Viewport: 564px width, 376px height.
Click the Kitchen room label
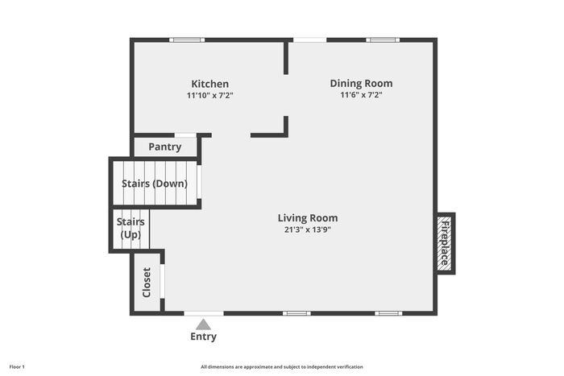coord(210,84)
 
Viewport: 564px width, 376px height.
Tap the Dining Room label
coord(361,84)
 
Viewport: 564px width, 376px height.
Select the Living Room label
coord(308,218)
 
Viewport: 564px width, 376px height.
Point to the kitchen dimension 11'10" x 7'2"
coord(210,96)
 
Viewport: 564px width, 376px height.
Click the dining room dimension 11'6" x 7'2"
coord(361,95)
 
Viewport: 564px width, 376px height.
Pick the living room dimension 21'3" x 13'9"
coord(308,229)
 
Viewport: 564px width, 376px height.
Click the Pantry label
coord(164,147)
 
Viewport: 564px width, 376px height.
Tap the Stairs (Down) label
coord(155,184)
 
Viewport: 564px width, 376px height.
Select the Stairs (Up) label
coord(131,228)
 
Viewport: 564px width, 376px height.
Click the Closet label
coord(147,282)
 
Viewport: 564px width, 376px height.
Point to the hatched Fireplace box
coord(446,243)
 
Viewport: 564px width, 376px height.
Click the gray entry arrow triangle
coord(203,324)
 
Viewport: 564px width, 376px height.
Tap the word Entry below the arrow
coord(203,337)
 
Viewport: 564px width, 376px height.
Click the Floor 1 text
coord(17,367)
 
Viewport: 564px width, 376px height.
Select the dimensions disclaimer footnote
coord(282,367)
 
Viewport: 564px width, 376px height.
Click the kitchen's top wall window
coord(187,40)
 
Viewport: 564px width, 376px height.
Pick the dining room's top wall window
coord(383,40)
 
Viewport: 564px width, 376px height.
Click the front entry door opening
coord(204,313)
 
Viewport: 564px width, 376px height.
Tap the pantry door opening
coord(185,135)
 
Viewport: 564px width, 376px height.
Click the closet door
coord(162,281)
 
